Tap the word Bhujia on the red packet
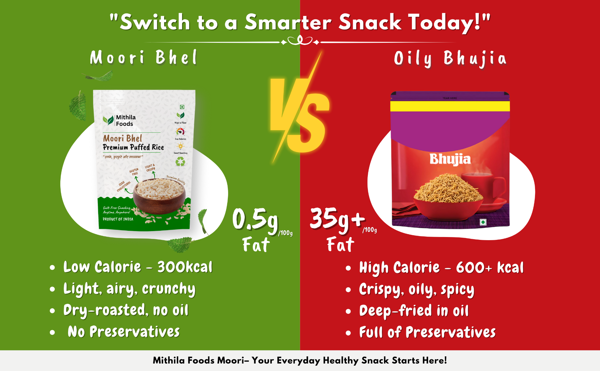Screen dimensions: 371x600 point(450,159)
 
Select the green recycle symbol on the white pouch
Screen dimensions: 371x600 point(180,161)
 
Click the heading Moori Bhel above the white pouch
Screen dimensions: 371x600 point(143,58)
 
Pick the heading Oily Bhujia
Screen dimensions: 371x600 point(450,59)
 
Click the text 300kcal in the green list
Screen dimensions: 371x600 point(185,267)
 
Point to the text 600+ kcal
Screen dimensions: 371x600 point(489,268)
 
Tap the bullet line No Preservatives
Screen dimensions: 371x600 point(124,332)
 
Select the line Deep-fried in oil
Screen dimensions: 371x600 point(414,311)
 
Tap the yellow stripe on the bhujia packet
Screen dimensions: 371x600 point(450,106)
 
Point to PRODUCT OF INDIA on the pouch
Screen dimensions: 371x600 point(118,219)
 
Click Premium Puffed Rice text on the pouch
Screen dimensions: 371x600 point(133,147)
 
